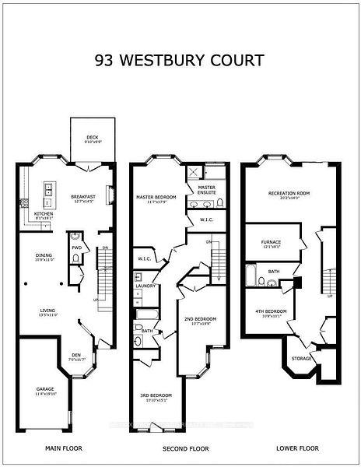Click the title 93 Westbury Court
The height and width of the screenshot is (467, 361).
coord(180,60)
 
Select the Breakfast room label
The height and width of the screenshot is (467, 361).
coord(82,196)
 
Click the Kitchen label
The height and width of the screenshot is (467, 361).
coord(43,213)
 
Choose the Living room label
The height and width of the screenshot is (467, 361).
coord(48,312)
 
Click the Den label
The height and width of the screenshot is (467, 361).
coord(75,357)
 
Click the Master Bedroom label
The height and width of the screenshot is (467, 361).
coord(156,198)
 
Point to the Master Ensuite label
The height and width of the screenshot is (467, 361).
coord(206,188)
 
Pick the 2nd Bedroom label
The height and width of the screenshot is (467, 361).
coord(200,319)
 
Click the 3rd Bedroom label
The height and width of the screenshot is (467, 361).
coord(157,395)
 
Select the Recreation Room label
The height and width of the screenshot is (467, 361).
coord(289,192)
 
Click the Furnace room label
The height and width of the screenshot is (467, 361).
coord(271,242)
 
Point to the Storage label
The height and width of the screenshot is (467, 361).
coord(301,358)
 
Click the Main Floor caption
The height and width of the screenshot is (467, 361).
coord(64,449)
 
